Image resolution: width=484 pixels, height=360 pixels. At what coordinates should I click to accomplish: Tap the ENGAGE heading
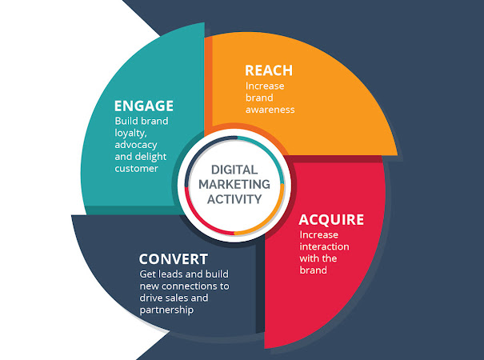[x=144, y=106]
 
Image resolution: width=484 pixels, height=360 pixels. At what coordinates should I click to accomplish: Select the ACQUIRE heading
[x=331, y=220]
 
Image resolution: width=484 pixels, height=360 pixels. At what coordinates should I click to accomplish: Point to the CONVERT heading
[x=174, y=259]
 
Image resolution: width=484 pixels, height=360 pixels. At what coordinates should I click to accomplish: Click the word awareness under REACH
[x=270, y=109]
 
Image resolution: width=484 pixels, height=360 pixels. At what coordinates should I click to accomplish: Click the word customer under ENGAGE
[x=137, y=169]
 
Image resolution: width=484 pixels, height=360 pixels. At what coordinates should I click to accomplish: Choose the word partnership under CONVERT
[x=166, y=309]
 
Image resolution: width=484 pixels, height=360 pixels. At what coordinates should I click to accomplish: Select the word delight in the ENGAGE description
[x=166, y=157]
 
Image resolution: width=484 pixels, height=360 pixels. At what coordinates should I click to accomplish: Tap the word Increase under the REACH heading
[x=264, y=85]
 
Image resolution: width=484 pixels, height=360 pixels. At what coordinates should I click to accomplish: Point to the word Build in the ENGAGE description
[x=127, y=122]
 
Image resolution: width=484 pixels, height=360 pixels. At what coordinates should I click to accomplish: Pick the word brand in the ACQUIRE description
[x=314, y=270]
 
